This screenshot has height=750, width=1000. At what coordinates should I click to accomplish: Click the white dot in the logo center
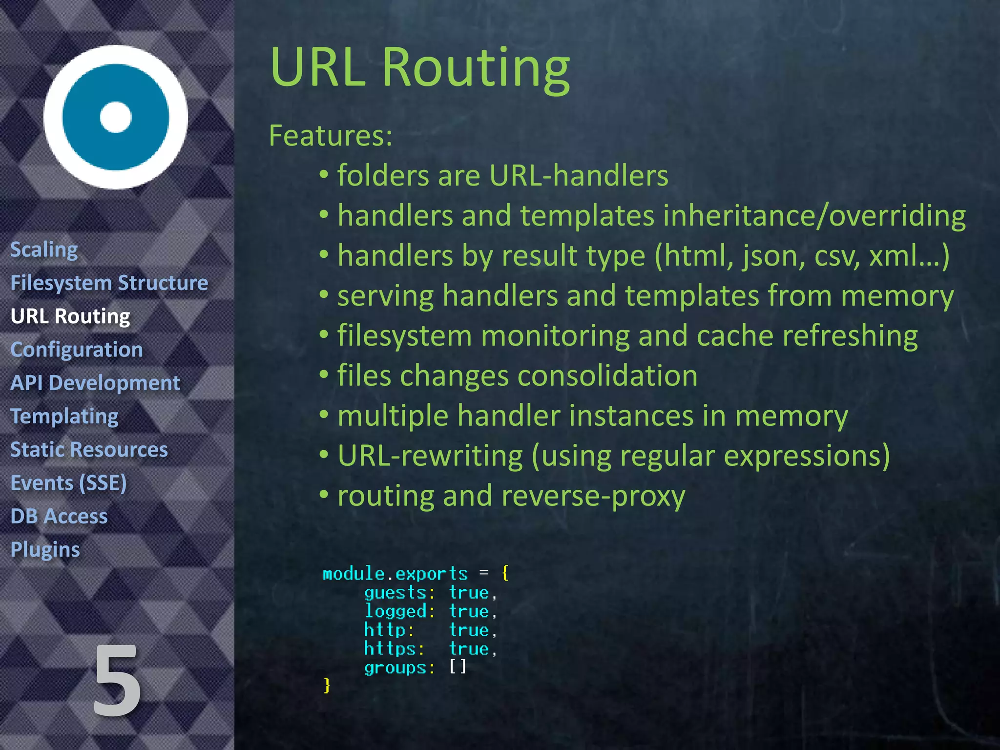[x=116, y=117]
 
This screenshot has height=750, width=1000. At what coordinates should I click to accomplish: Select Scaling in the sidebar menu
[x=44, y=250]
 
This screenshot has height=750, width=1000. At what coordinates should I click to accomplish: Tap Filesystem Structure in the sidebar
[x=109, y=283]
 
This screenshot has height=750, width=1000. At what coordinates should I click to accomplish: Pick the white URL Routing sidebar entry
[x=70, y=316]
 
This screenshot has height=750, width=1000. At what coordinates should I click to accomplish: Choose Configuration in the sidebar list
[x=77, y=350]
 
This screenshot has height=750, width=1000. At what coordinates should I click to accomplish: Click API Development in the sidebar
[x=95, y=383]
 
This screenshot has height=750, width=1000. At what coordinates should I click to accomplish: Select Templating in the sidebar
[x=64, y=417]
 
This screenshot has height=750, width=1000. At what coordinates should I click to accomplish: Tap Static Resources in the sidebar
[x=89, y=450]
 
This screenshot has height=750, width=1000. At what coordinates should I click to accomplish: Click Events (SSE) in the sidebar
[x=68, y=483]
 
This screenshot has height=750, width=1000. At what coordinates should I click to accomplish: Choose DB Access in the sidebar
[x=59, y=517]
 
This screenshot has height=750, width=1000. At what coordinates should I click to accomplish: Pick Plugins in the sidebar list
[x=45, y=550]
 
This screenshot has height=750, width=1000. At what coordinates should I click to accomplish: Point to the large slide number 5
[x=117, y=681]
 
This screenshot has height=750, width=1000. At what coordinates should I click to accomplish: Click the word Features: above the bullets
[x=331, y=135]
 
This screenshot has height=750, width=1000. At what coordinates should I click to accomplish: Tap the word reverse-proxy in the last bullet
[x=593, y=496]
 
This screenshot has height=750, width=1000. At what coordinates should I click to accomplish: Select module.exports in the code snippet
[x=395, y=573]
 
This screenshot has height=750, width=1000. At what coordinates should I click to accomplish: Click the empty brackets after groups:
[x=458, y=667]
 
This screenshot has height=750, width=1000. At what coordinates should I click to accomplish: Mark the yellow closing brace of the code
[x=327, y=685]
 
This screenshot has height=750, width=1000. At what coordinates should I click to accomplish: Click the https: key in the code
[x=394, y=648]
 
